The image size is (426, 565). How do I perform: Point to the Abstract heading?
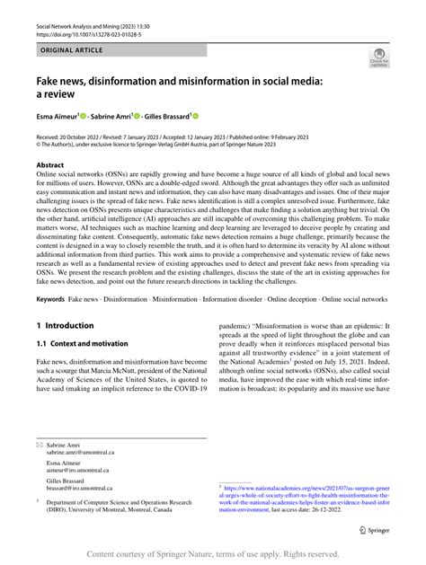point(51,166)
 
